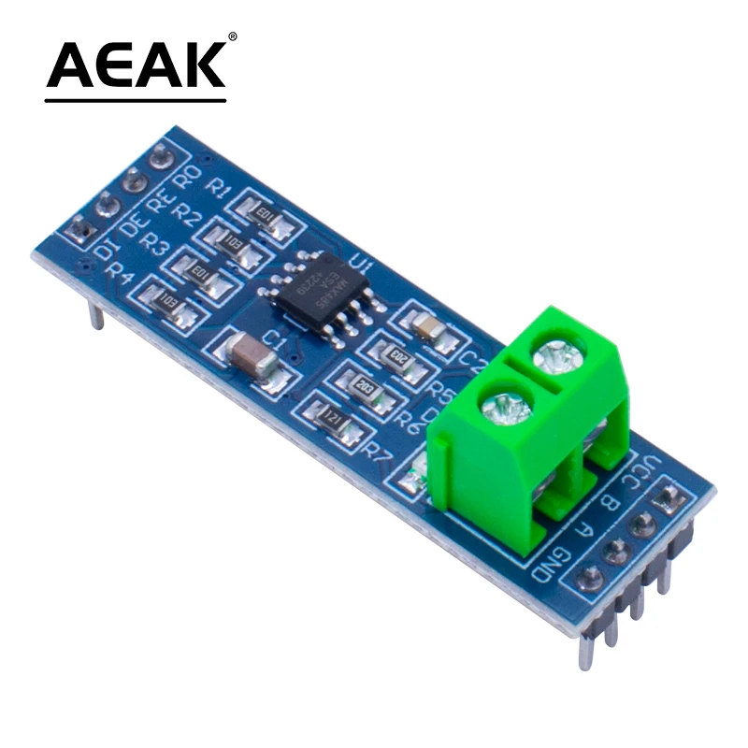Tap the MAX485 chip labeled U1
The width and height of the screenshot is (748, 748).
[x=315, y=281]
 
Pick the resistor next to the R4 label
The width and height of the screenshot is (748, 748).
[x=167, y=302]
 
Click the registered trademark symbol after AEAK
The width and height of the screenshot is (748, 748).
[x=232, y=37]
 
